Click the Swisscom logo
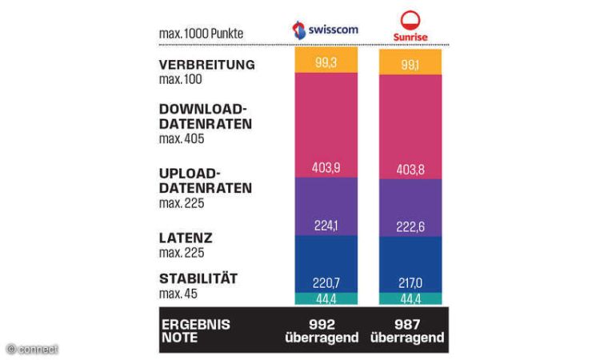pos(326,30)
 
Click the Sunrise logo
pos(410,26)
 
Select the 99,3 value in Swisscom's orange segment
pos(326,62)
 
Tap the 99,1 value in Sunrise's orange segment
pos(410,65)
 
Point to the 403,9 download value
pos(326,167)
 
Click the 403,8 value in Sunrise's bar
pos(410,170)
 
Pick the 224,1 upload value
pos(326,226)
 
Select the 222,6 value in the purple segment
pos(410,227)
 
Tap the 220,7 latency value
pos(326,282)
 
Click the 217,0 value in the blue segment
pos(410,282)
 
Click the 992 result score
pos(322,325)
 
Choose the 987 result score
pos(407,325)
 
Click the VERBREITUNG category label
pos(207,65)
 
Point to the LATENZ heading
pos(186,238)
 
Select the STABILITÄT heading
pos(198,278)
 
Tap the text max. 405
pos(182,139)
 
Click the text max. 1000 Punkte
pos(201,34)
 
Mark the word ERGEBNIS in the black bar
pos(195,325)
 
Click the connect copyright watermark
pos(32,349)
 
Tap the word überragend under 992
pos(322,338)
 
